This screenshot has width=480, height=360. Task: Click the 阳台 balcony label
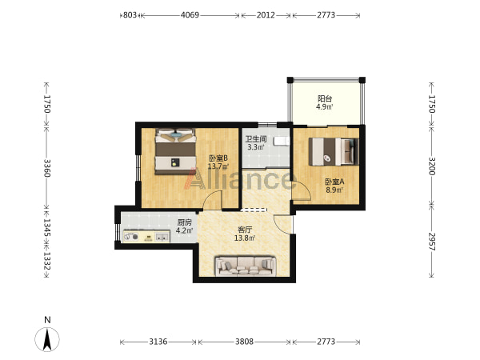tap(325, 98)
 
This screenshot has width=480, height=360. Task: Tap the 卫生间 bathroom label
tap(256, 139)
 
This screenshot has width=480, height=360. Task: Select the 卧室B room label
tap(218, 158)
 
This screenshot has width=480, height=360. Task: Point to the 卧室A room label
tap(334, 182)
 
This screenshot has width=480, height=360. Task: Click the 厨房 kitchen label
tap(184, 222)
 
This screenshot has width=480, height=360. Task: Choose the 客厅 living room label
tap(245, 230)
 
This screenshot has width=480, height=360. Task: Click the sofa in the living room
tap(246, 266)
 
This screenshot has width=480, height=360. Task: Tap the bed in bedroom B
tap(175, 151)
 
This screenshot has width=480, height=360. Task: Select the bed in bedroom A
tap(334, 152)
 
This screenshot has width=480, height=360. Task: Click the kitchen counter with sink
tap(146, 237)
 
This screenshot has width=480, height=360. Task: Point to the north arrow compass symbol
tap(47, 339)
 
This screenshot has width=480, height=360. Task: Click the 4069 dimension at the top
tap(190, 15)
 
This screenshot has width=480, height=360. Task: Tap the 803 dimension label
tap(130, 15)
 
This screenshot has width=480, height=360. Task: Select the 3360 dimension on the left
tap(47, 168)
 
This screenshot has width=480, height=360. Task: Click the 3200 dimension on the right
tap(432, 166)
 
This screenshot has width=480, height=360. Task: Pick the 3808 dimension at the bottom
tap(244, 342)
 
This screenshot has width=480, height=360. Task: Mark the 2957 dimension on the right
tap(432, 242)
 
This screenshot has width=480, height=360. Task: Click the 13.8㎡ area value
tap(245, 238)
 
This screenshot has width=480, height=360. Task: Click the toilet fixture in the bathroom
tap(282, 141)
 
